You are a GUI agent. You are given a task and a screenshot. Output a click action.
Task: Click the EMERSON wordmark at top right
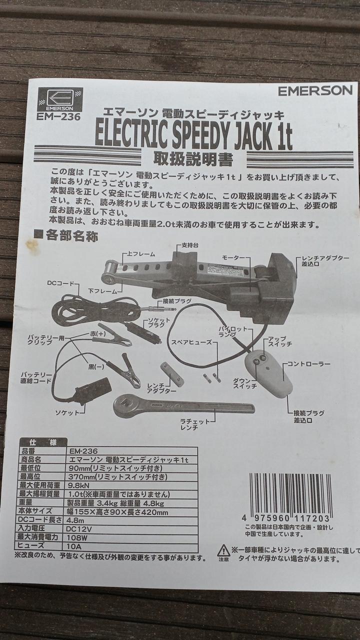(315, 91)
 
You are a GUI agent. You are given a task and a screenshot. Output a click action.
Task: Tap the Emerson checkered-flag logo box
(60, 99)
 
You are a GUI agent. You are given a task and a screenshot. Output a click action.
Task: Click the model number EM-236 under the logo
(58, 116)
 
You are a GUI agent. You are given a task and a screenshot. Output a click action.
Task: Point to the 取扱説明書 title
(193, 159)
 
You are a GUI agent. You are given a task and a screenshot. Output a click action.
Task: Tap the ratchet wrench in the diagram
(183, 405)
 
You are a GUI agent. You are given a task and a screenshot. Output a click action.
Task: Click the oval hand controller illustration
(268, 373)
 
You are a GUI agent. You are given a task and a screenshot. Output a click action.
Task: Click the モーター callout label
(233, 257)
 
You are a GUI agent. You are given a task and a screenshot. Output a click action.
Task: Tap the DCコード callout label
(60, 283)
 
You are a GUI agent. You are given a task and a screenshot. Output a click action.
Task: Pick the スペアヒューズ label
(191, 342)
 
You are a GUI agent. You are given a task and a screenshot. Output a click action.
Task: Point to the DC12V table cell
(78, 529)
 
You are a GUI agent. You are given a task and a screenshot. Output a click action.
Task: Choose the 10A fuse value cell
(74, 546)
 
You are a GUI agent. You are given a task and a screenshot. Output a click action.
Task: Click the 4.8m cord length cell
(75, 520)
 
